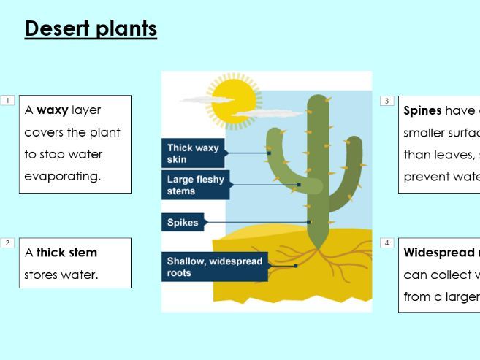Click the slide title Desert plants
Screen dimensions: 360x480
[x=91, y=29]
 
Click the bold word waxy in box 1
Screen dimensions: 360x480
[x=53, y=110]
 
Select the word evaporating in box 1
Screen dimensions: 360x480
[x=63, y=177]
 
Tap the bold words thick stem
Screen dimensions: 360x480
[x=66, y=253]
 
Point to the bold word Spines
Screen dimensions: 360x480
[x=422, y=111]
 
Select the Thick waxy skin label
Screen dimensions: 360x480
[x=192, y=153]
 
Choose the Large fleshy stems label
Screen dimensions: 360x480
[x=195, y=185]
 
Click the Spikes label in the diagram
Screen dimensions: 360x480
[x=183, y=223]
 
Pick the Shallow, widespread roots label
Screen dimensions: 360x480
[x=214, y=267]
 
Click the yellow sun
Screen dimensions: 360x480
[x=233, y=100]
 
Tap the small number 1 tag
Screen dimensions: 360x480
[x=7, y=100]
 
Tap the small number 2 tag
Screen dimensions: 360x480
[x=7, y=242]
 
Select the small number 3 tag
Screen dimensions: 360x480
[x=386, y=101]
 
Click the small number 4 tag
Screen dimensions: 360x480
[x=386, y=242]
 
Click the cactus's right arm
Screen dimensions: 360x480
[x=352, y=157]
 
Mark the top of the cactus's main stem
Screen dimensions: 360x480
[x=318, y=102]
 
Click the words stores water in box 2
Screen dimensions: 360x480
[x=61, y=275]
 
